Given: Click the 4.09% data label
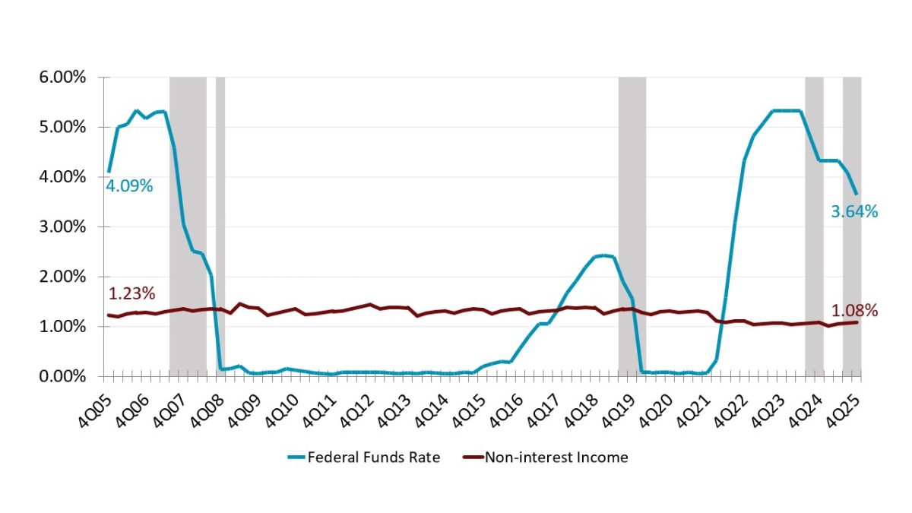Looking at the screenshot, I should tap(130, 185).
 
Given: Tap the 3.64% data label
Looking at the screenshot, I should tap(854, 213).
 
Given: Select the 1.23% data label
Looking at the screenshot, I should tap(131, 294).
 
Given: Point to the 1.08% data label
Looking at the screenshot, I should tap(854, 311).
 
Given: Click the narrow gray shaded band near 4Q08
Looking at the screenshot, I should tap(220, 228).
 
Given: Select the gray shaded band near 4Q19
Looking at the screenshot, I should tap(632, 228).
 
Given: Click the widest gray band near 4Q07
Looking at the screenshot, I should tap(188, 228).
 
